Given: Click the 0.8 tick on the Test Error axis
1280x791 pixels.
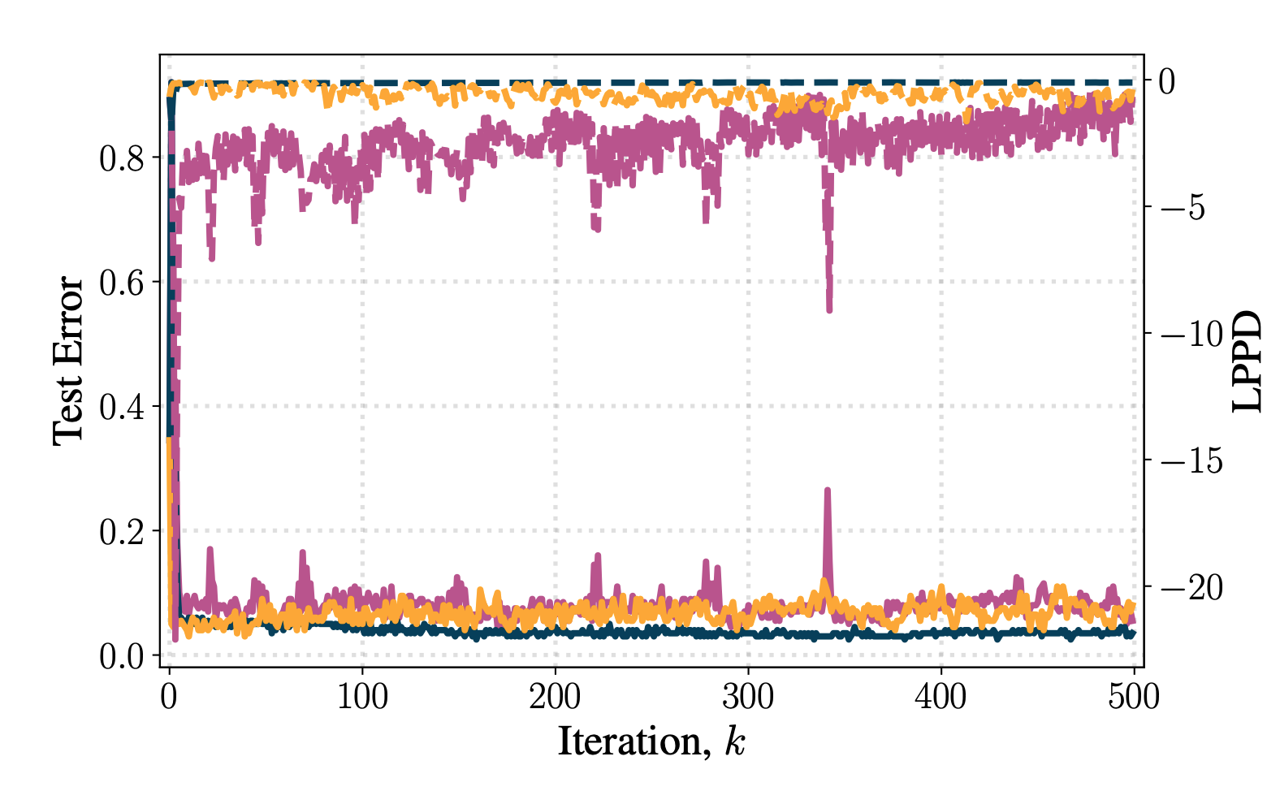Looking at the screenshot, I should [x=122, y=158].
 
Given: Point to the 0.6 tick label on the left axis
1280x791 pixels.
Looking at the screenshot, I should [x=122, y=283].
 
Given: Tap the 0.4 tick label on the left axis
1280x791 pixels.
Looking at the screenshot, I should [x=122, y=408].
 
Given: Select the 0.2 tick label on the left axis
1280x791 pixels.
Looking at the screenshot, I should [x=122, y=532].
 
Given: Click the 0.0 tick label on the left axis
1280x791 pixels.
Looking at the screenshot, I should [x=122, y=656].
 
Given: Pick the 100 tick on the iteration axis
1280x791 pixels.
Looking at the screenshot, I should [x=361, y=696].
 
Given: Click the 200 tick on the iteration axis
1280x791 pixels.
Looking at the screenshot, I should [x=555, y=696].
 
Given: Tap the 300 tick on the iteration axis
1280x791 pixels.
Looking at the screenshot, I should [x=747, y=696].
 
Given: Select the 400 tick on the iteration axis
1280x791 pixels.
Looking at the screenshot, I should [x=941, y=696].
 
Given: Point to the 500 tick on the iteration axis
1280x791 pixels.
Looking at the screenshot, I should [x=1134, y=696].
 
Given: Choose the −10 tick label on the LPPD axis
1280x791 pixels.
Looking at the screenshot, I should [x=1191, y=334].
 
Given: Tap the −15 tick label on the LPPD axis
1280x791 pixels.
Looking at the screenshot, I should [x=1191, y=460].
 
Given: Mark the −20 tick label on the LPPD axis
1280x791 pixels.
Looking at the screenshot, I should [x=1191, y=587].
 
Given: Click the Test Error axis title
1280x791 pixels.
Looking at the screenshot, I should [x=68, y=361].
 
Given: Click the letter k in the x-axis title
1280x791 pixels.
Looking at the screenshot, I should [x=734, y=741].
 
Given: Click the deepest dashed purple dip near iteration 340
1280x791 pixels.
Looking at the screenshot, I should [x=829, y=309].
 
